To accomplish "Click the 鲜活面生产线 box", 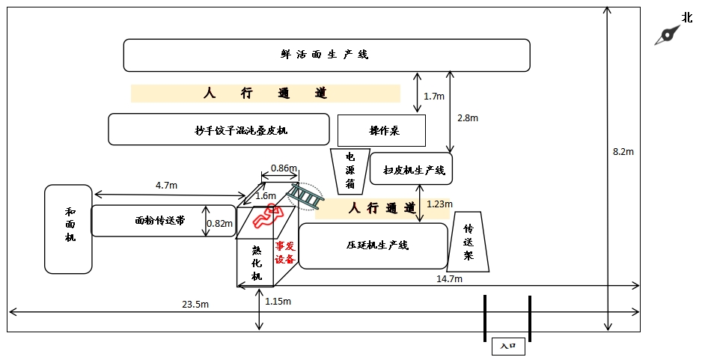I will pyautogui.click(x=326, y=55).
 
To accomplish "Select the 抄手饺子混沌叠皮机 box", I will pyautogui.click(x=219, y=129).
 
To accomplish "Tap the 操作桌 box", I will pyautogui.click(x=382, y=130).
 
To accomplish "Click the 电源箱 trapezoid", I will pyautogui.click(x=350, y=170).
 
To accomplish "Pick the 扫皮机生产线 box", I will pyautogui.click(x=411, y=170).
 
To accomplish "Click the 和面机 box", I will pyautogui.click(x=68, y=228).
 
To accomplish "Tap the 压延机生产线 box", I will pyautogui.click(x=373, y=245).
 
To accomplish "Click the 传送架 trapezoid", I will pyautogui.click(x=469, y=241).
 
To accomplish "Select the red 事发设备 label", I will pyautogui.click(x=285, y=252).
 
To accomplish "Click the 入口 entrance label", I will pyautogui.click(x=508, y=347).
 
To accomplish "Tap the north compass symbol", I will pyautogui.click(x=668, y=34).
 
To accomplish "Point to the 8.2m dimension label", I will pyautogui.click(x=623, y=152).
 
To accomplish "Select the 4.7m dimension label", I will pyautogui.click(x=165, y=185).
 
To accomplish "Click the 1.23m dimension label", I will pyautogui.click(x=439, y=204).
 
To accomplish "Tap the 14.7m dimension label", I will pyautogui.click(x=449, y=278).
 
